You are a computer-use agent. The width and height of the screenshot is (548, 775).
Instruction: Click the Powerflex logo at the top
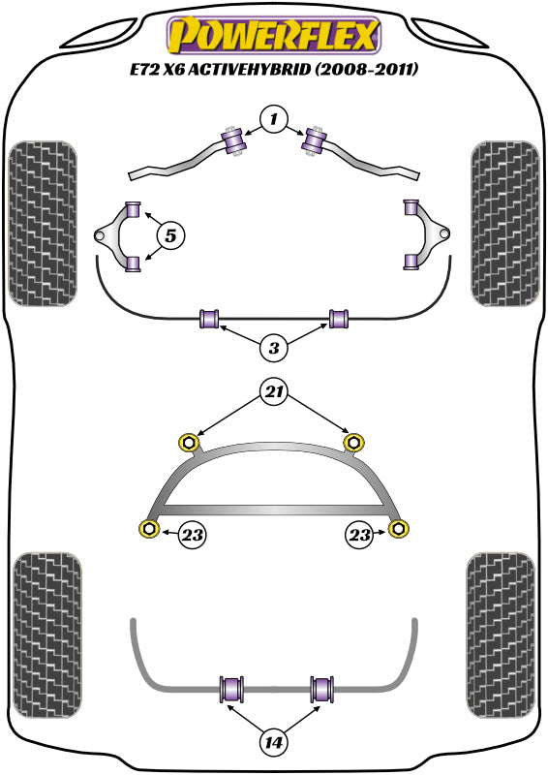tap(274, 37)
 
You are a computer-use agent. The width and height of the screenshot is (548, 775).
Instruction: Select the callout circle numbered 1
tap(274, 120)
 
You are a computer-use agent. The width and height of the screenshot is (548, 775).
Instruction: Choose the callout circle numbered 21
tap(274, 391)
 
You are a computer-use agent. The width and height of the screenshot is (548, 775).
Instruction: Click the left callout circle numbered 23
tap(192, 532)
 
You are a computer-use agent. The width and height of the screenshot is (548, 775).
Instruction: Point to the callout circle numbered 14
tap(274, 743)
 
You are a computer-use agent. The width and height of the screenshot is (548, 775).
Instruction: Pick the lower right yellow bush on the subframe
tap(398, 528)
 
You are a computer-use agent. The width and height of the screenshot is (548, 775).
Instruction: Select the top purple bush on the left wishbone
tap(135, 207)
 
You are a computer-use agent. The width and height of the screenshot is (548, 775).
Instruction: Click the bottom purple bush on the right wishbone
tap(411, 261)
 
